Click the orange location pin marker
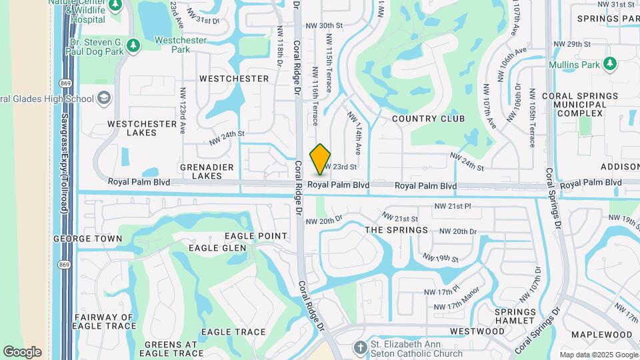click(x=321, y=159)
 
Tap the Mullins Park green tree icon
click(x=609, y=63)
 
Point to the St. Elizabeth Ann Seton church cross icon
click(x=360, y=348)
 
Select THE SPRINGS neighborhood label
click(x=397, y=230)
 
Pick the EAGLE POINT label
click(x=256, y=236)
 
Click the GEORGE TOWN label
click(x=88, y=239)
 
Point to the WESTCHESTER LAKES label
click(x=132, y=128)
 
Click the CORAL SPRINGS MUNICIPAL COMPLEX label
click(x=574, y=105)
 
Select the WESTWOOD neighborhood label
click(x=477, y=331)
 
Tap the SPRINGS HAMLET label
click(x=515, y=317)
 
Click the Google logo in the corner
click(x=22, y=351)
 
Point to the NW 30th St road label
click(x=324, y=25)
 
